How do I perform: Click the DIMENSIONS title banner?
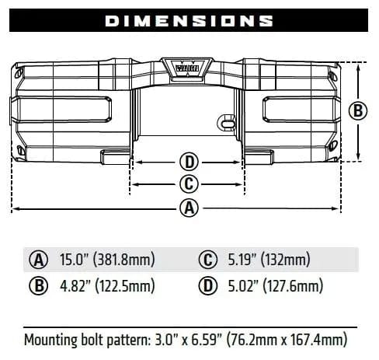click(189, 20)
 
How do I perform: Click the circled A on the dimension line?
click(188, 208)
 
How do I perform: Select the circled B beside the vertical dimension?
click(357, 111)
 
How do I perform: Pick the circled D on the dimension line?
click(188, 163)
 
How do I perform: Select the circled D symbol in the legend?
click(207, 286)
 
